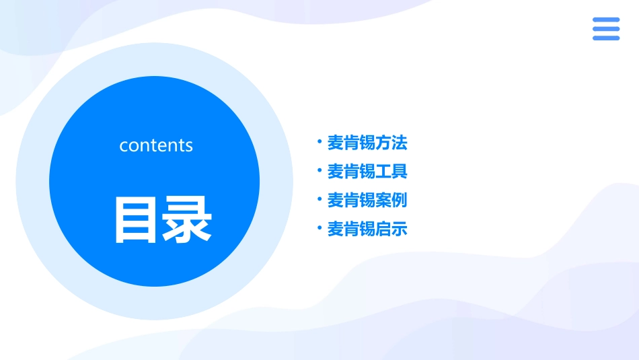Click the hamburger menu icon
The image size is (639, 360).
click(606, 29)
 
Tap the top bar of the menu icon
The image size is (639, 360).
click(606, 20)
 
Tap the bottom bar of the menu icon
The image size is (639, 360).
click(606, 38)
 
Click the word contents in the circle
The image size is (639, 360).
click(156, 145)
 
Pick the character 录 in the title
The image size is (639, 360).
click(188, 220)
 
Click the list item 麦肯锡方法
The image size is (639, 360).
click(367, 143)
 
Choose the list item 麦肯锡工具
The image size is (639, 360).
click(367, 172)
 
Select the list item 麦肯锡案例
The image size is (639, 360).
click(367, 201)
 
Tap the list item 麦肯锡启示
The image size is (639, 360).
click(367, 229)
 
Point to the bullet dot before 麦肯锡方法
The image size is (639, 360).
click(319, 142)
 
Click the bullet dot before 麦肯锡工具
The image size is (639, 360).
click(319, 171)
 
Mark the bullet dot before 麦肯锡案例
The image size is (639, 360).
click(319, 200)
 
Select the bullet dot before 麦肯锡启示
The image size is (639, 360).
click(319, 229)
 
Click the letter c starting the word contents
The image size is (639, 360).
click(124, 146)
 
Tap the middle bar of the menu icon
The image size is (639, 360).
click(606, 29)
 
